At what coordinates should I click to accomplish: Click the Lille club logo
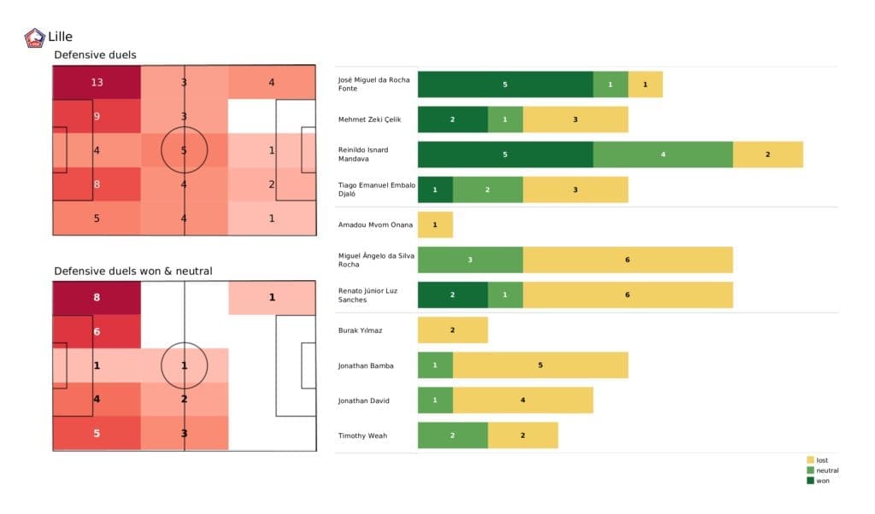(x=36, y=38)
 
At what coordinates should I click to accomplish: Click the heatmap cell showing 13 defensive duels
(x=97, y=83)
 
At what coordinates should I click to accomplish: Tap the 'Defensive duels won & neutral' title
(x=132, y=271)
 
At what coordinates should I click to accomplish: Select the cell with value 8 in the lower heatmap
(x=97, y=298)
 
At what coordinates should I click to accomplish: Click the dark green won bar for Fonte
(x=505, y=85)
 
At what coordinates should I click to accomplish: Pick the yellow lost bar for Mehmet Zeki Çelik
(x=575, y=120)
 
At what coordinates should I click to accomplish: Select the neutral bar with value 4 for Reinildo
(x=662, y=155)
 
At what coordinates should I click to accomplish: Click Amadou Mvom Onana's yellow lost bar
(x=435, y=225)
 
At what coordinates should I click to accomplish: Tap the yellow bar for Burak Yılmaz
(x=452, y=330)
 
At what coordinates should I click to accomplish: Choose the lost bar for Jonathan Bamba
(x=540, y=365)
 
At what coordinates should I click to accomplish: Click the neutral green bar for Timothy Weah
(x=452, y=435)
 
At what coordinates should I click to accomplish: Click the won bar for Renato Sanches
(x=452, y=295)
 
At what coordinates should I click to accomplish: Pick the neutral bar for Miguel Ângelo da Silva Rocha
(x=470, y=260)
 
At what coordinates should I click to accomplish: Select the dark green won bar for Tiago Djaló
(x=435, y=190)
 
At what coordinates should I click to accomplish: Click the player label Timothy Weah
(x=362, y=435)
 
